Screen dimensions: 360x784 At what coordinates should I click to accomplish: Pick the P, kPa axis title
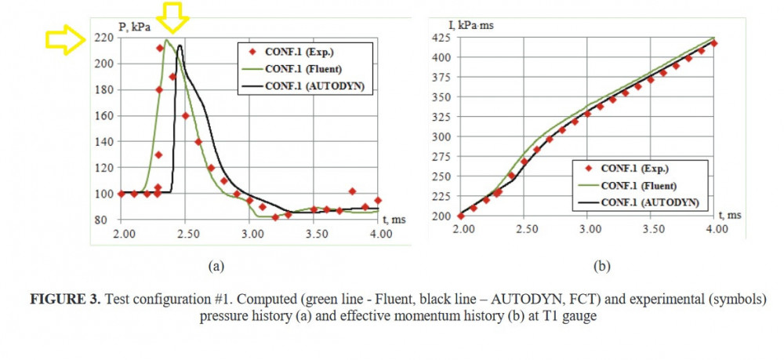coord(134,27)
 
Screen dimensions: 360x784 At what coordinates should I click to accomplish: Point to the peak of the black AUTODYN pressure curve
coord(180,45)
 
